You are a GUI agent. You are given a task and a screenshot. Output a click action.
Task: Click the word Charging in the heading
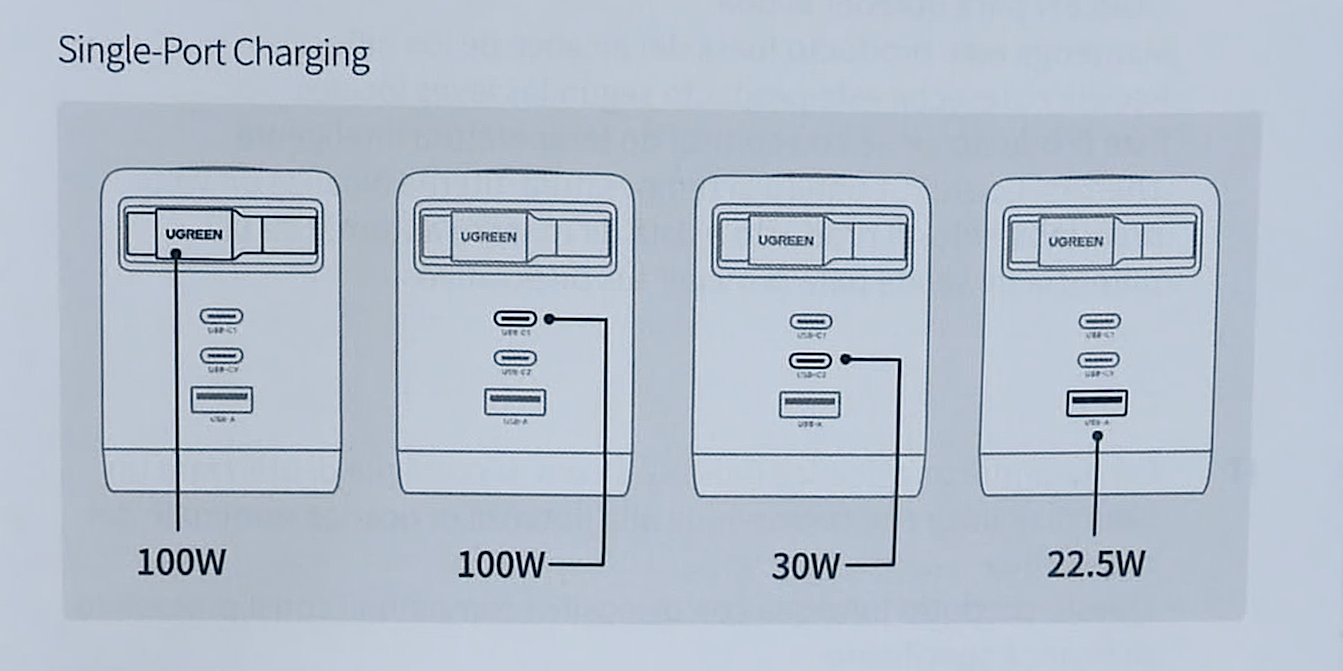(x=301, y=53)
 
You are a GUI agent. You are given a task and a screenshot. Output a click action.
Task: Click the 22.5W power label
(x=1096, y=564)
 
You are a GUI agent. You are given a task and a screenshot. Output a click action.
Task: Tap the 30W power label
(x=805, y=566)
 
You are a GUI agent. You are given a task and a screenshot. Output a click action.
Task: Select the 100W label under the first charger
(x=181, y=562)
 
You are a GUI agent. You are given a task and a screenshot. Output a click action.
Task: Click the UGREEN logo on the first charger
(x=194, y=234)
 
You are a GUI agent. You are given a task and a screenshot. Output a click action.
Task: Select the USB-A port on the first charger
(x=222, y=399)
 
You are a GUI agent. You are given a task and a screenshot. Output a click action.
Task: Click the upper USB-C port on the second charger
(x=515, y=318)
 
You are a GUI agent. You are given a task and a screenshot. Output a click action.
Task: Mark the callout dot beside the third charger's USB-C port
(x=846, y=359)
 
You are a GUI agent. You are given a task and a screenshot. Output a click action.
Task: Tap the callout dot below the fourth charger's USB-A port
(x=1098, y=435)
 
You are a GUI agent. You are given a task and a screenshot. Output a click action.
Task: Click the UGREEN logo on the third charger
(x=786, y=241)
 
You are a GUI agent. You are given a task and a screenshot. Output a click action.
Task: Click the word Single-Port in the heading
(x=142, y=52)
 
